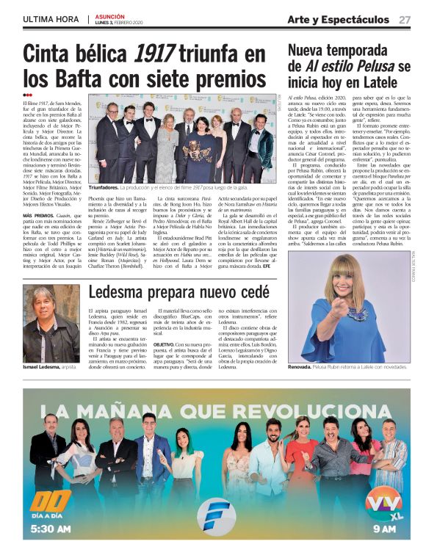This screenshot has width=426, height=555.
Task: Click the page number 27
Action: (x=404, y=19)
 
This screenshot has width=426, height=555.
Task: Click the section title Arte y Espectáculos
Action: (x=339, y=19)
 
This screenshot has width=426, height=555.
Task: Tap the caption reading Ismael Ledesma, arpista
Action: (x=49, y=366)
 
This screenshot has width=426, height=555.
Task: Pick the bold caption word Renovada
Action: (x=300, y=366)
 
